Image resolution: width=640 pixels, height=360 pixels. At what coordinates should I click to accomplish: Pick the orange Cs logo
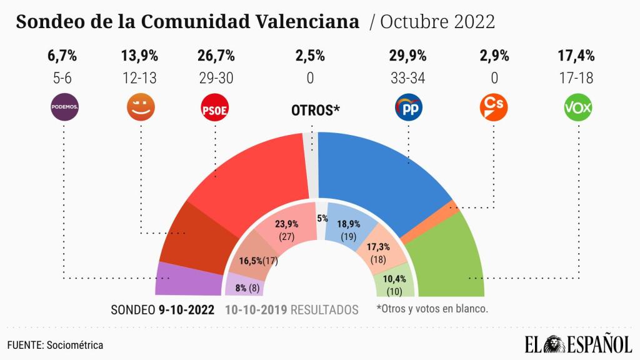[x=493, y=107]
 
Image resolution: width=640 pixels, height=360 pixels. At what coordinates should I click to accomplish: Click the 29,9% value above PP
[x=409, y=56]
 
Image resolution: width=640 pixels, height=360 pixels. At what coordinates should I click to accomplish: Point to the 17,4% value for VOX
[x=576, y=56]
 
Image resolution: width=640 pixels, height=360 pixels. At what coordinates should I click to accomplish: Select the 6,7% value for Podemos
[x=62, y=56]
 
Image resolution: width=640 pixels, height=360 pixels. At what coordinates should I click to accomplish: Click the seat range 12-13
[x=139, y=78]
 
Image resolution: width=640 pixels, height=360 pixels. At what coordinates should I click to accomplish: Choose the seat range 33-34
[x=409, y=78]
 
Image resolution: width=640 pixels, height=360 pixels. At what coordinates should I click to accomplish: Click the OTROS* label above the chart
[x=316, y=110]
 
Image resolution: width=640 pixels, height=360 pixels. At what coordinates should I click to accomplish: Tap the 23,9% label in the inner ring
[x=287, y=224]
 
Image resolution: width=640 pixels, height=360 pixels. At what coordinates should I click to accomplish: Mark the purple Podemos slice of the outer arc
[x=187, y=279]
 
